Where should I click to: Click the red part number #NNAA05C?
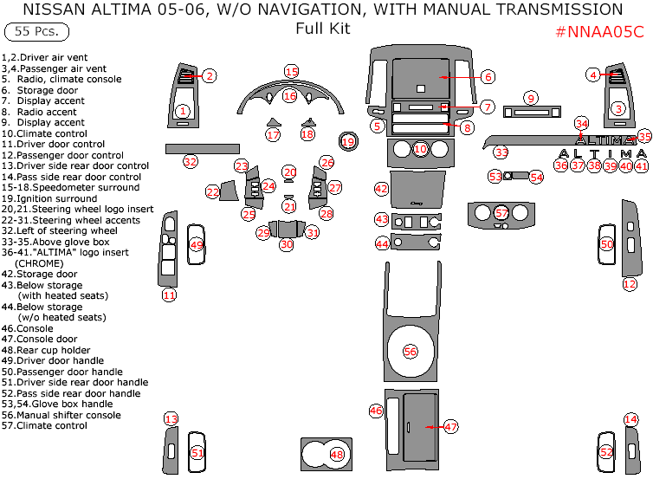point(598,32)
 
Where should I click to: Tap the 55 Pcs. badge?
point(36,32)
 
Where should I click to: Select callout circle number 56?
point(410,351)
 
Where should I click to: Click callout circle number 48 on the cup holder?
point(336,454)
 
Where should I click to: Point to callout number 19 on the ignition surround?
point(347,141)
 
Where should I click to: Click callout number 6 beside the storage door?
point(488,77)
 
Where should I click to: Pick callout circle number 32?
point(190,161)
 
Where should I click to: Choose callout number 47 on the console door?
point(450,426)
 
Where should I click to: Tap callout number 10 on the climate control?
point(420,149)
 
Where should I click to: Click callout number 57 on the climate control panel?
point(501,212)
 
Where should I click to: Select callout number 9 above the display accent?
point(531,98)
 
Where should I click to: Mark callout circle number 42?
point(381,188)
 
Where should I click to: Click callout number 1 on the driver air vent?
point(182,111)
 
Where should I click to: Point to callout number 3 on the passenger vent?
point(617,108)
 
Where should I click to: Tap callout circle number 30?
point(286,244)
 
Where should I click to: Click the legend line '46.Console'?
point(28,328)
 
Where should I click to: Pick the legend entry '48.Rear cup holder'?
point(52,350)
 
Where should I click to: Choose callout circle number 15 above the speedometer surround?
point(291,71)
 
